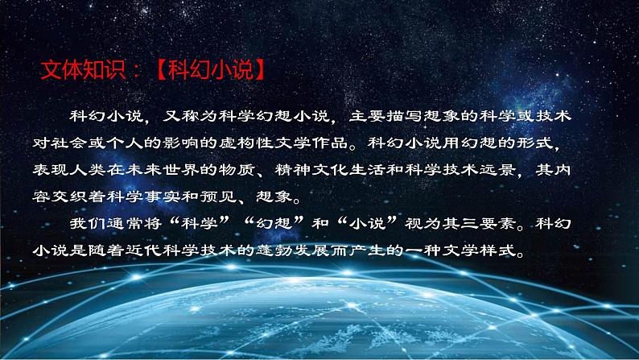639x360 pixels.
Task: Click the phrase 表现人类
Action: [x=76, y=172]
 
